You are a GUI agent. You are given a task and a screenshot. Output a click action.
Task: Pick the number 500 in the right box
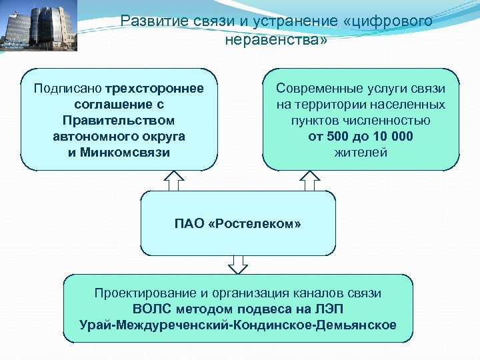tap(338, 137)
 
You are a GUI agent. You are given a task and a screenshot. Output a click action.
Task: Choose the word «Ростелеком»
tap(255, 223)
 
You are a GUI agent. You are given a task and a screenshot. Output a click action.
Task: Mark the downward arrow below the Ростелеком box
tap(238, 265)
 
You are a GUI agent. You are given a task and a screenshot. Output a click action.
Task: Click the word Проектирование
tap(142, 293)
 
